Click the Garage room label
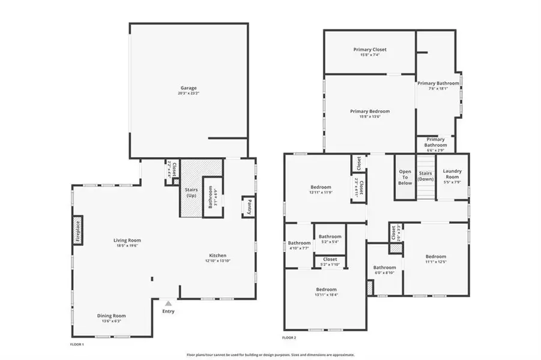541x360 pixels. tap(189, 88)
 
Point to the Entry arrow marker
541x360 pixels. tap(168, 304)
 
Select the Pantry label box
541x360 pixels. tap(247, 207)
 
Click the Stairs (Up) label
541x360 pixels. tap(190, 193)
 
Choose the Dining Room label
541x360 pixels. tap(112, 316)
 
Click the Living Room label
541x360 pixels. tap(127, 240)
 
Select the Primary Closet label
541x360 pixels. tap(369, 49)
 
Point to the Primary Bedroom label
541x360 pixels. tap(370, 111)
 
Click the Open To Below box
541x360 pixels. tap(405, 177)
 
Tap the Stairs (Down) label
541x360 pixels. tap(425, 175)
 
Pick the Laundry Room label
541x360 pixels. tap(452, 174)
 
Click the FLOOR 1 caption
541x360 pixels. tap(77, 344)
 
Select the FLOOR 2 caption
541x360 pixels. tap(290, 337)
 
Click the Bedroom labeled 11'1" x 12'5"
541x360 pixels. tap(436, 256)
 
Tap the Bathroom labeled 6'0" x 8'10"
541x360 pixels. tap(384, 268)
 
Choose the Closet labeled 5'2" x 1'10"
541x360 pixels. tap(330, 259)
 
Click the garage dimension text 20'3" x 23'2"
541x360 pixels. tap(189, 93)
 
